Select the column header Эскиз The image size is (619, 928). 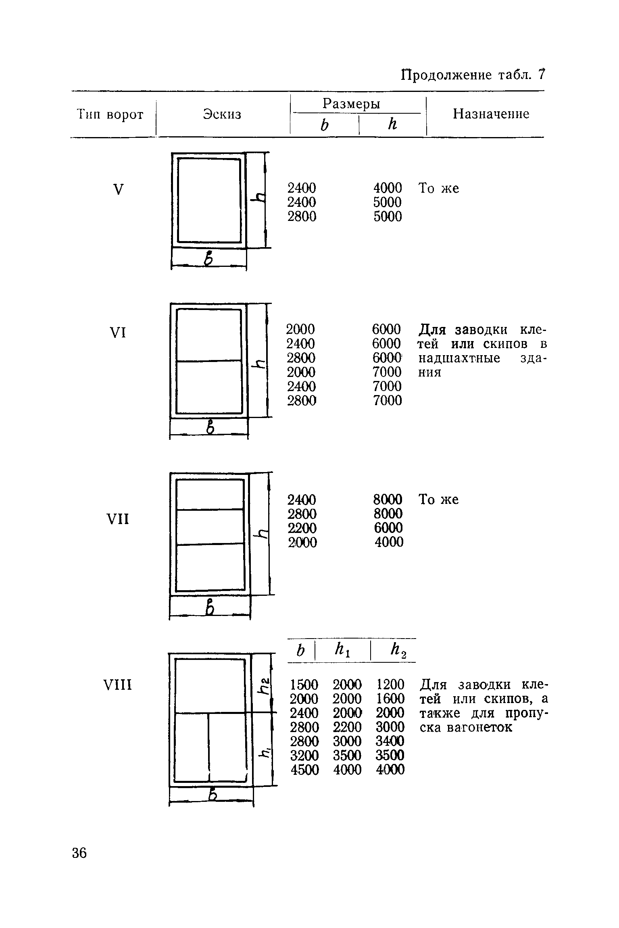coord(222,114)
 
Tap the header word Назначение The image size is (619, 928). coord(491,114)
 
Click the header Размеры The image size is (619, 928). coord(351,104)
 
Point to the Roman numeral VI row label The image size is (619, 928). coord(118,333)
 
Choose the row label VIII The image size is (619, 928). coord(118,685)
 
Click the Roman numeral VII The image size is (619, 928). coord(118,520)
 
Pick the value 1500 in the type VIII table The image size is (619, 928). coord(304,685)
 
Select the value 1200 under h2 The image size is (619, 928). coord(390,685)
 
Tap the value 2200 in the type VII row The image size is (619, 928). coord(302,528)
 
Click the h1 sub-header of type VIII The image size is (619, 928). coord(343,650)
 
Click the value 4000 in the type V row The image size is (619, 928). coord(388,188)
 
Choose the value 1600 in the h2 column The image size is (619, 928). coord(390,699)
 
